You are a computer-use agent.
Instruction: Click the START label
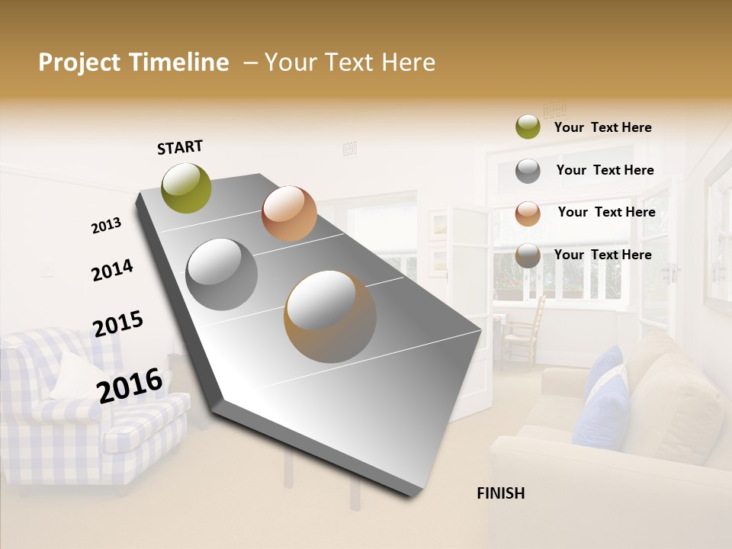(180, 147)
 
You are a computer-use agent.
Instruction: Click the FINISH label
(500, 493)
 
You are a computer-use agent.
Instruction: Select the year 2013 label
(107, 226)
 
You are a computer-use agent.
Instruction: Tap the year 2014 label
(112, 270)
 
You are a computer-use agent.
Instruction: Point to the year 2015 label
(118, 324)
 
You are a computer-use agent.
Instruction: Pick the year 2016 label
(130, 385)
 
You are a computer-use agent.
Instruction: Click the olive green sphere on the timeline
(187, 188)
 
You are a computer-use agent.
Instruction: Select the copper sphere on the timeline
(289, 213)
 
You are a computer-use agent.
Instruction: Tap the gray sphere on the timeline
(221, 274)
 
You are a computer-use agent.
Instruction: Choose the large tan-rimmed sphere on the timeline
(329, 316)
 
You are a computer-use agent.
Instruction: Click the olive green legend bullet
(528, 127)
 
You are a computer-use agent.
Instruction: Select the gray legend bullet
(528, 170)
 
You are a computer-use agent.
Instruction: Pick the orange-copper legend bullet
(528, 213)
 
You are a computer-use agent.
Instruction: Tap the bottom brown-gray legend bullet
(528, 255)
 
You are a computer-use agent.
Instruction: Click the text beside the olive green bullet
(602, 127)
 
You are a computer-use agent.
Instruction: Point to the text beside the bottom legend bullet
(602, 255)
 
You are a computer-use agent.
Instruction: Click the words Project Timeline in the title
(133, 63)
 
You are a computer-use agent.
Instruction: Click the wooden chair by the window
(526, 328)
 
